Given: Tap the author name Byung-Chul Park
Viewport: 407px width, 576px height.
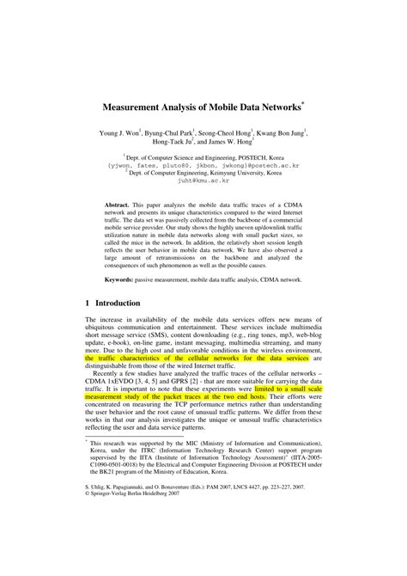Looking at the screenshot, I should [170, 134].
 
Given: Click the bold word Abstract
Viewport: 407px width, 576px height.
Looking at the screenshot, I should [118, 207].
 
